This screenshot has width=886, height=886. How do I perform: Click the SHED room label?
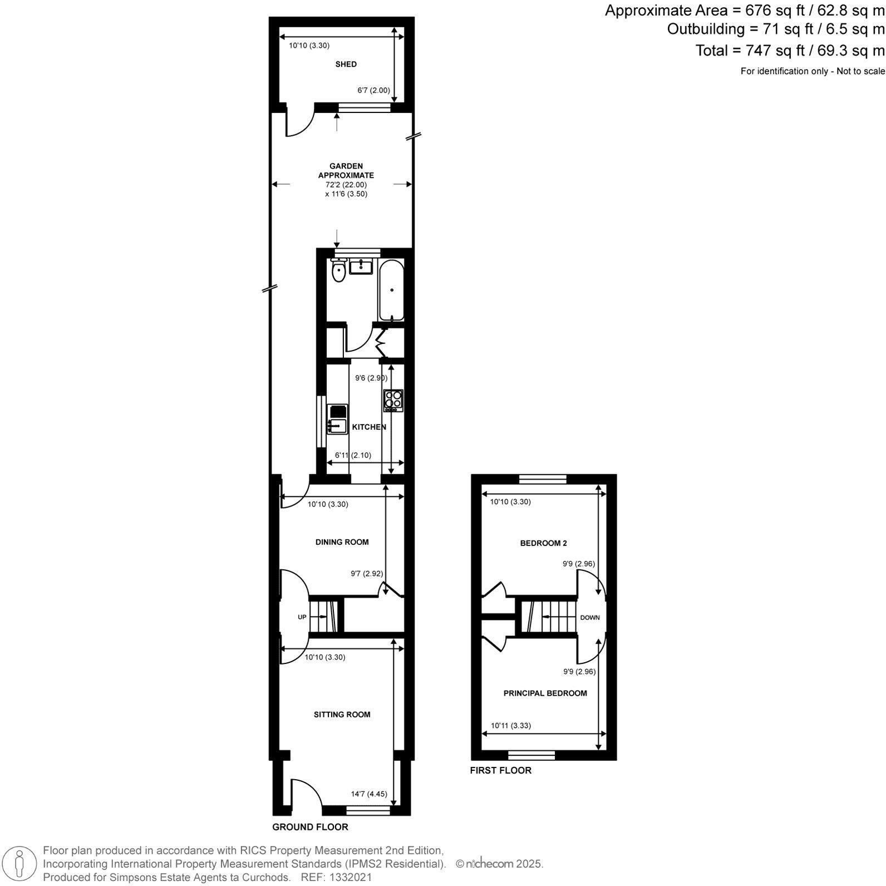(x=346, y=65)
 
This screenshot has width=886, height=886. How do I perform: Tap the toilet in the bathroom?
(x=338, y=271)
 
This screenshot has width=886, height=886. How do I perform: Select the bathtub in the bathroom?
(x=392, y=290)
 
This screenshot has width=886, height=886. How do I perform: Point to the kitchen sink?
(x=337, y=426)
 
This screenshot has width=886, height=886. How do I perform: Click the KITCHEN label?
(x=369, y=427)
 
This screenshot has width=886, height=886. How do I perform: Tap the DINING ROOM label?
(x=342, y=542)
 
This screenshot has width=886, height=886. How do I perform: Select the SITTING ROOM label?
(x=342, y=715)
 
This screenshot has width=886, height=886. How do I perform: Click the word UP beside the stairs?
(x=302, y=617)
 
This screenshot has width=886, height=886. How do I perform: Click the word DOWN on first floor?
(x=590, y=618)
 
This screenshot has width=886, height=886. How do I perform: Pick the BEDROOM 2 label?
(x=543, y=543)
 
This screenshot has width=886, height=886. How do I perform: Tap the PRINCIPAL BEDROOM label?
(x=545, y=693)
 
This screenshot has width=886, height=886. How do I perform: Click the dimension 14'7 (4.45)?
(x=368, y=795)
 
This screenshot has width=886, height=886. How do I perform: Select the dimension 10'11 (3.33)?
(x=510, y=726)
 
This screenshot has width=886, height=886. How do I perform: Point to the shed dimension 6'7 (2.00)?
(x=373, y=90)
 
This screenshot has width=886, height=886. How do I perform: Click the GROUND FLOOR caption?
(x=310, y=827)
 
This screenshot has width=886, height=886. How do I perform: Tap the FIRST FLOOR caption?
(x=500, y=771)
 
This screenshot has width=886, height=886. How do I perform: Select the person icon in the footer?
(x=20, y=864)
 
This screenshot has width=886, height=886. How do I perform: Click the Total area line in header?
(x=789, y=51)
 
